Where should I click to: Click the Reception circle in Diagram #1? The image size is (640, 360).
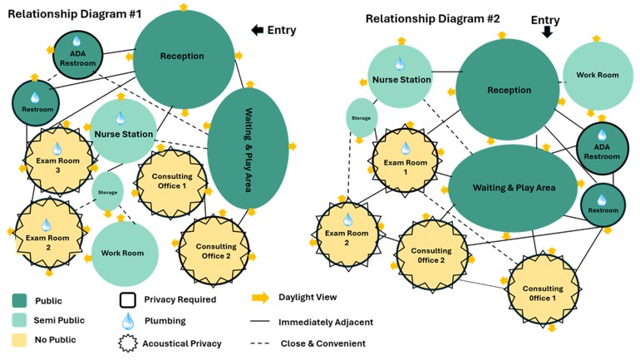click(183, 57)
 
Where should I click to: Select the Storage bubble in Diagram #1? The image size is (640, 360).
click(107, 191)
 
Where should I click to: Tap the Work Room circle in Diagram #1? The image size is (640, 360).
click(122, 253)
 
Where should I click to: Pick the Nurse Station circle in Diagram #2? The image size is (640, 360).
click(401, 79)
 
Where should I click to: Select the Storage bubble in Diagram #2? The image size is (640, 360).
click(361, 118)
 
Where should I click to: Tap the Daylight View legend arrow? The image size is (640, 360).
click(262, 298)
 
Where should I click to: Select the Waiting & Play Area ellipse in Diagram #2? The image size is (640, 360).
click(513, 189)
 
